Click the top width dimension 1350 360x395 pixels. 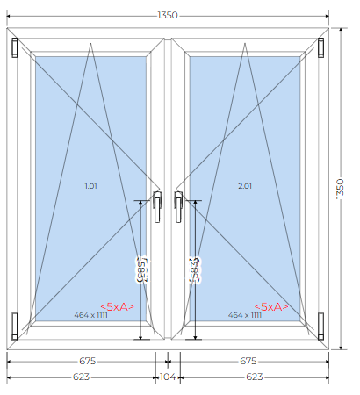coord(168,15)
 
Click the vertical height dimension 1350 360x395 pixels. coord(340,189)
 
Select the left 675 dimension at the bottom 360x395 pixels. coord(88,361)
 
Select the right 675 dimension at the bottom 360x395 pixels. coord(248,361)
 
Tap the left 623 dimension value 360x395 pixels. coord(81,377)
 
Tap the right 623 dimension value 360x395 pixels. coord(255,377)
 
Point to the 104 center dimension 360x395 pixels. coord(168,377)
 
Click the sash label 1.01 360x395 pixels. coord(90,186)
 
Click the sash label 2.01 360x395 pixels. coord(245,186)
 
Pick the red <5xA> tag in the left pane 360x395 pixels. coord(118,306)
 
